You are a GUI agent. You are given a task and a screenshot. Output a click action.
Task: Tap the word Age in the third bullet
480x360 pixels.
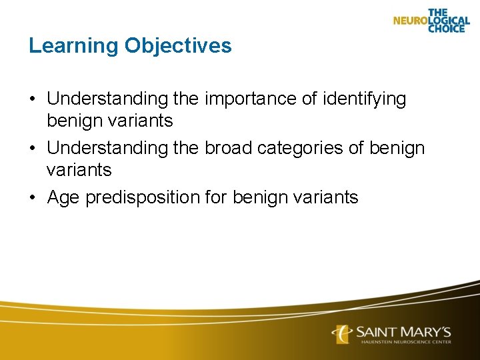[x=64, y=197]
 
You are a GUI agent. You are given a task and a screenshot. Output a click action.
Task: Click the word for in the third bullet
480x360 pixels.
[x=217, y=197]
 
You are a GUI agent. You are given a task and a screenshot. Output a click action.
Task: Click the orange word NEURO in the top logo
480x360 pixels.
[x=410, y=21]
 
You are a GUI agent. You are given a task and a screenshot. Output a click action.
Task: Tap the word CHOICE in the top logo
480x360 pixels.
[x=446, y=29]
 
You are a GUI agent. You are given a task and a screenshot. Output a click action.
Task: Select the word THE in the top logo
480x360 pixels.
[x=438, y=12]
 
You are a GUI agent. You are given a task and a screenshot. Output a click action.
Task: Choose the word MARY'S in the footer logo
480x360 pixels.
[x=427, y=331]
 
